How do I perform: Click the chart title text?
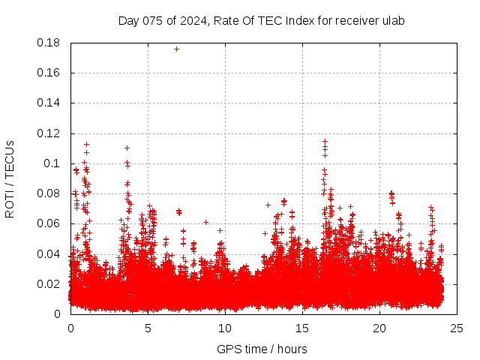click(261, 20)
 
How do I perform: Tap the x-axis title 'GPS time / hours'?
click(262, 349)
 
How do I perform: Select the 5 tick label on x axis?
click(148, 328)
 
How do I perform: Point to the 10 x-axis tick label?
click(225, 328)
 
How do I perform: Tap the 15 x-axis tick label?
click(302, 328)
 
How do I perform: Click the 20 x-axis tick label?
click(379, 328)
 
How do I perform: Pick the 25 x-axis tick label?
click(457, 328)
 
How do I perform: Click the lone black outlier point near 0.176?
click(176, 49)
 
